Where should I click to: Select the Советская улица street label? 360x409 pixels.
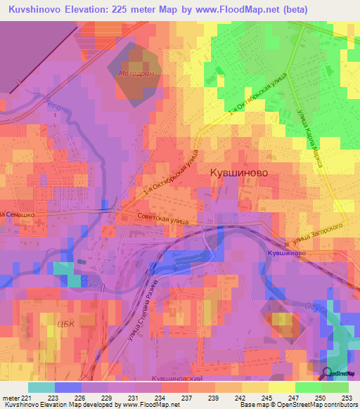(x=163, y=219)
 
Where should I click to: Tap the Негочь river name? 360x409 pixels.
(x=56, y=104)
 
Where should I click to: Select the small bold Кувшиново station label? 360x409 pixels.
(x=286, y=252)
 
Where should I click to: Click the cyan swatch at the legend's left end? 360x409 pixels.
(x=41, y=387)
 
